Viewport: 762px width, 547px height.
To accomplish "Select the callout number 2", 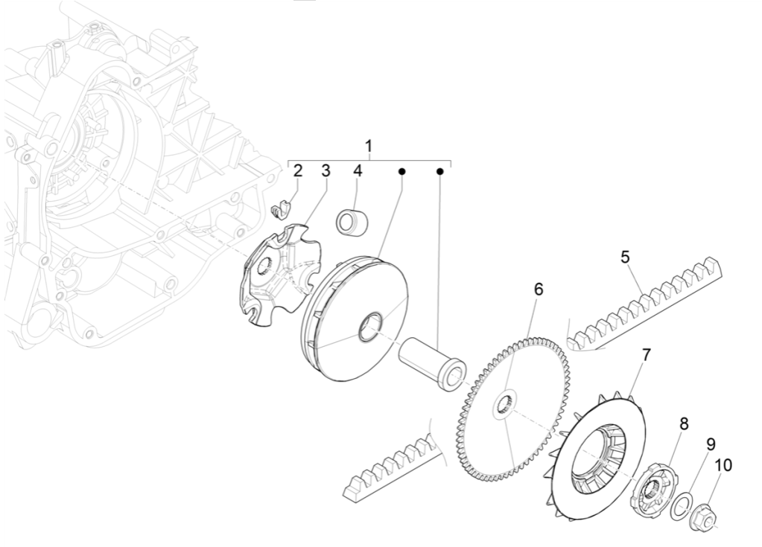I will point(298,170).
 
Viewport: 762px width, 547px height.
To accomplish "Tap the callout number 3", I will point(326,170).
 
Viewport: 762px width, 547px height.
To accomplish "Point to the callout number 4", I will point(358,170).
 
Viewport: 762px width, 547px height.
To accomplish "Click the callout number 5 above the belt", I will point(626,257).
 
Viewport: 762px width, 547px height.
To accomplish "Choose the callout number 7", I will point(646,355).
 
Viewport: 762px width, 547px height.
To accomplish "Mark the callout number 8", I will point(683,423).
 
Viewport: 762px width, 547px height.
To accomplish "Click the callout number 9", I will point(711,444).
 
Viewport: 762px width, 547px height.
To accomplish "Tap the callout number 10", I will point(723,465).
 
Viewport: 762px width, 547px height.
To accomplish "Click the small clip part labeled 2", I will point(279,211).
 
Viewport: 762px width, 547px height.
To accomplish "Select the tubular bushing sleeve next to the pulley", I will point(431,360).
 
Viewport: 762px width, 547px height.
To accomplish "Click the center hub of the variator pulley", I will point(370,327).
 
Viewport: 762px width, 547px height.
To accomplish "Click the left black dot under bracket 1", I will point(401,172).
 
